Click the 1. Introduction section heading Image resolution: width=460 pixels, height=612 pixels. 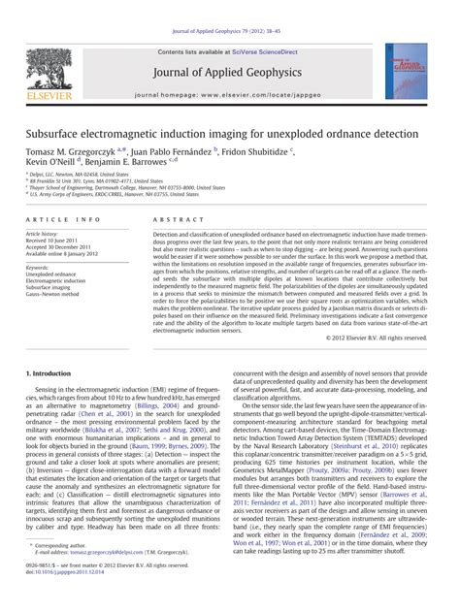pos(55,372)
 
